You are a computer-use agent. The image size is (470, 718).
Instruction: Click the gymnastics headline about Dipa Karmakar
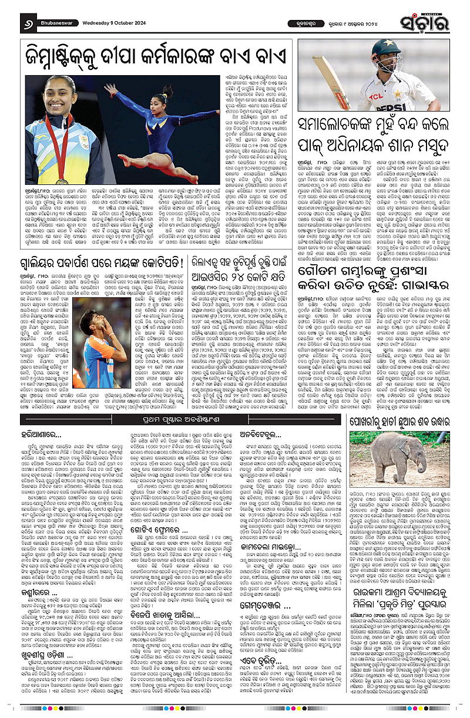coord(150,58)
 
